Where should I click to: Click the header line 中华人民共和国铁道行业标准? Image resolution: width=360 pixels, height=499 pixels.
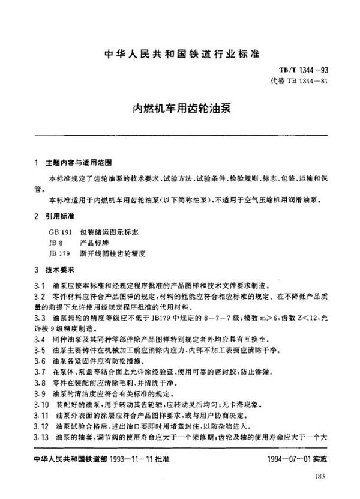pos(179,53)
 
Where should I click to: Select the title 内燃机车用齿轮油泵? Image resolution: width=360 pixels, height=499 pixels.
pos(179,110)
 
